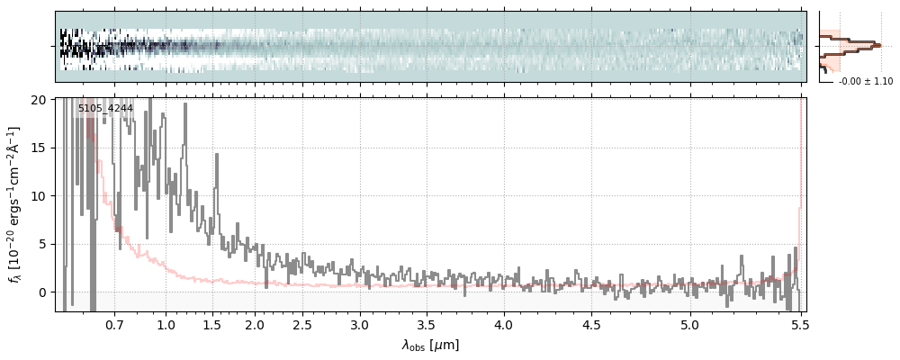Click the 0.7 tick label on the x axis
pos(114,324)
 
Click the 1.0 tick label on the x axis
pos(166,324)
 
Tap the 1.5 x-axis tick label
pos(212,324)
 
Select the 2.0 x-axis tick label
pos(255,324)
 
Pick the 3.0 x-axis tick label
pos(359,324)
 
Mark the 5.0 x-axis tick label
pos(689,324)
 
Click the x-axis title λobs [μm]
pos(430,345)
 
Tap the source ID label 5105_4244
pos(105,109)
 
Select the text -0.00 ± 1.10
pos(865,82)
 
